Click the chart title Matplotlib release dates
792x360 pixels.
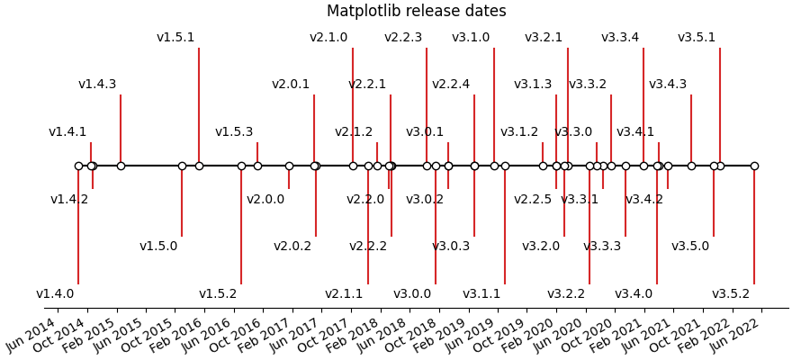pos(416,12)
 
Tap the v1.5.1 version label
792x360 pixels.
pos(175,38)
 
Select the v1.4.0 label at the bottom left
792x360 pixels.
pos(55,294)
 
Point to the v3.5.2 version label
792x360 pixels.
pos(731,294)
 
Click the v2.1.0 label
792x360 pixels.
pos(328,38)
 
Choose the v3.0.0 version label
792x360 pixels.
pos(412,294)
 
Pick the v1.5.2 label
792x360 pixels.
pos(218,294)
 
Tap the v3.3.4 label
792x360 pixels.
pos(620,38)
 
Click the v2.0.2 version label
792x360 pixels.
pos(292,247)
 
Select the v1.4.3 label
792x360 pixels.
pos(97,85)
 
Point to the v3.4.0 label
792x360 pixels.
pos(634,294)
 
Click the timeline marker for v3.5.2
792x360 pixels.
pos(754,166)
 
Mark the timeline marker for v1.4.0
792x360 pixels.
pos(78,166)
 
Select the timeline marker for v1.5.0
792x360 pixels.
pos(182,166)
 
